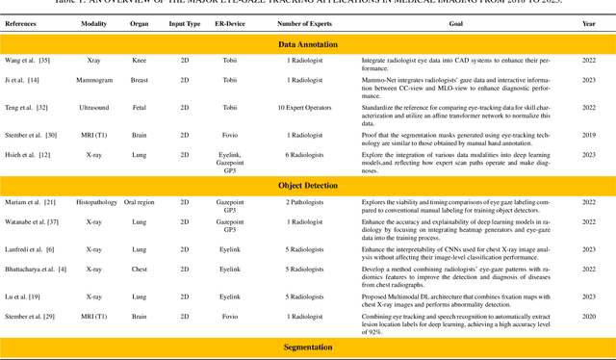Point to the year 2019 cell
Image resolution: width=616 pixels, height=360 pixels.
[590, 136]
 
